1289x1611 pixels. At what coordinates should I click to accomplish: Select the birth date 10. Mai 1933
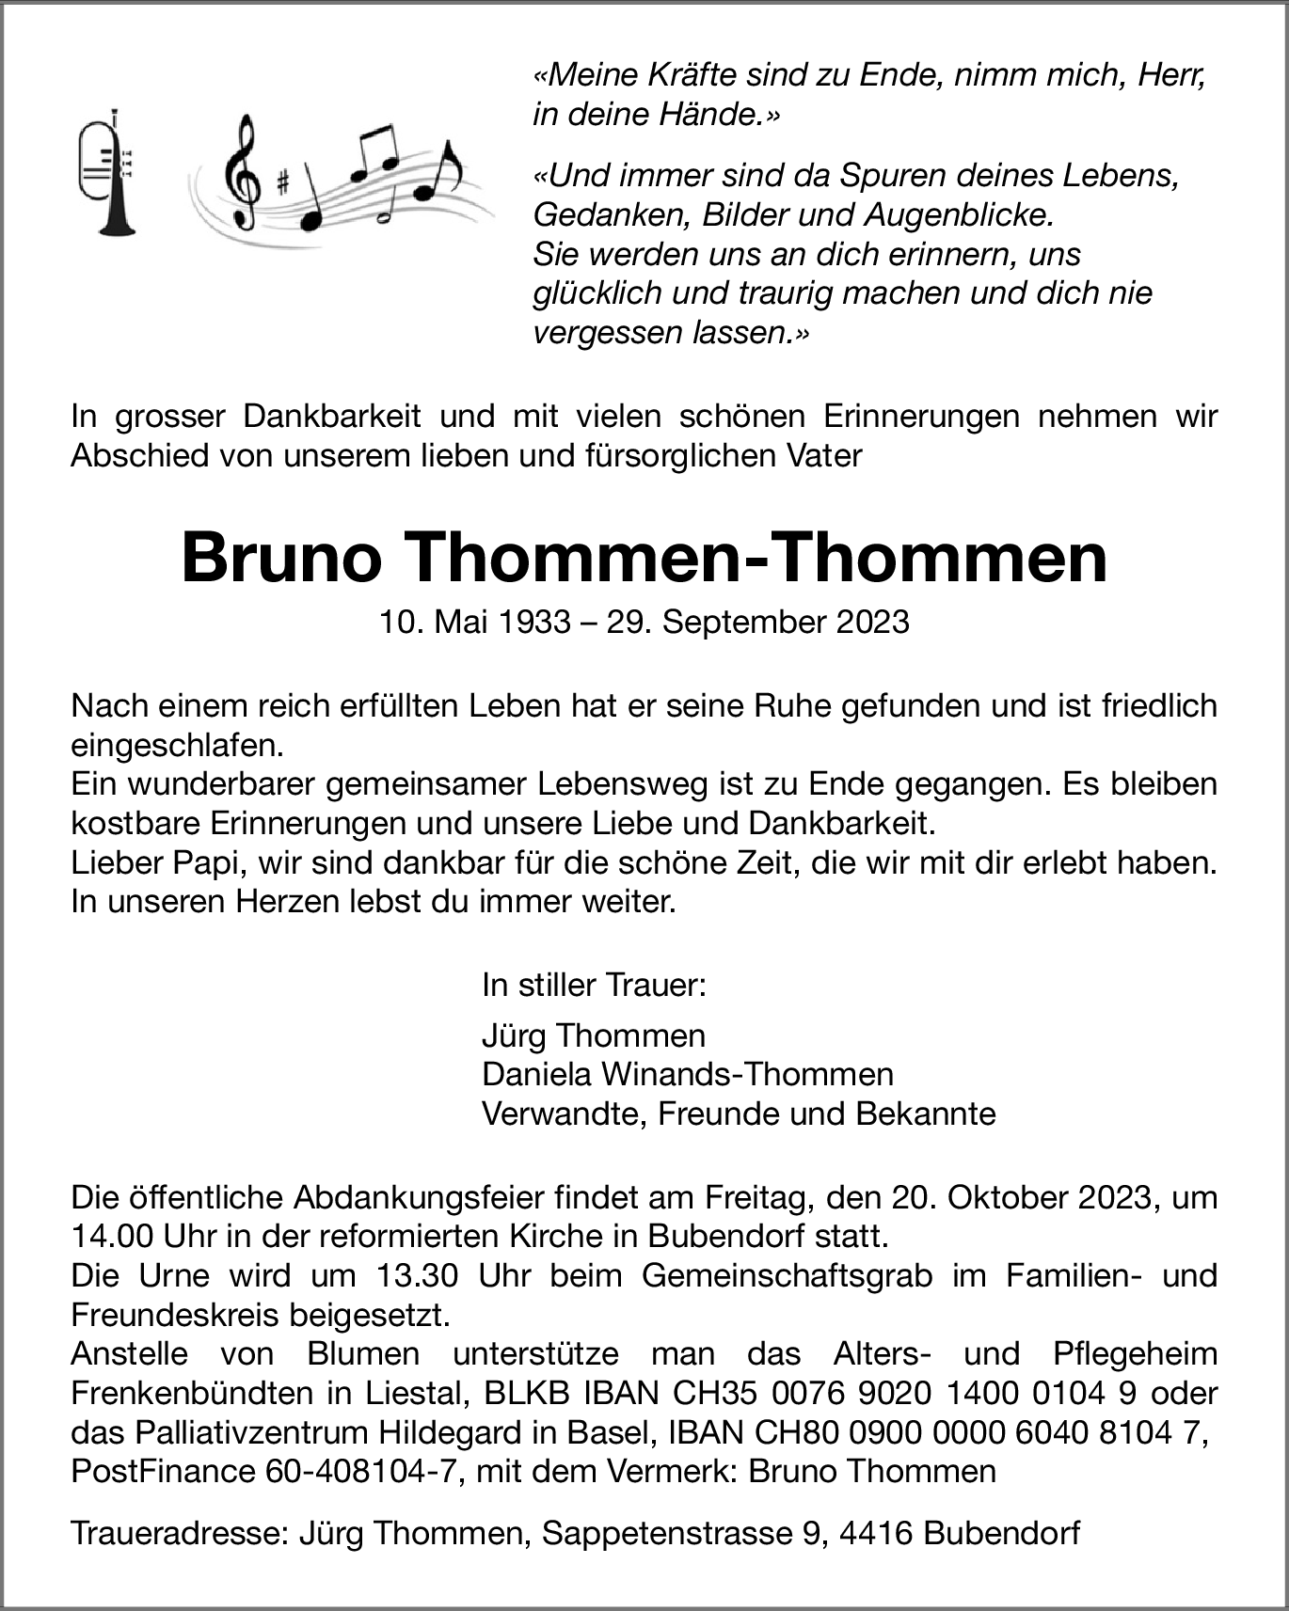click(x=475, y=623)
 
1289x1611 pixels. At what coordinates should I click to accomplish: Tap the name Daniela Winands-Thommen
click(x=687, y=1074)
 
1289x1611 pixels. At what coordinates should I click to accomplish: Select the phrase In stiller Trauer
click(x=593, y=986)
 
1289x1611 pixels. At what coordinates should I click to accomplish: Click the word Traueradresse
click(x=178, y=1534)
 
